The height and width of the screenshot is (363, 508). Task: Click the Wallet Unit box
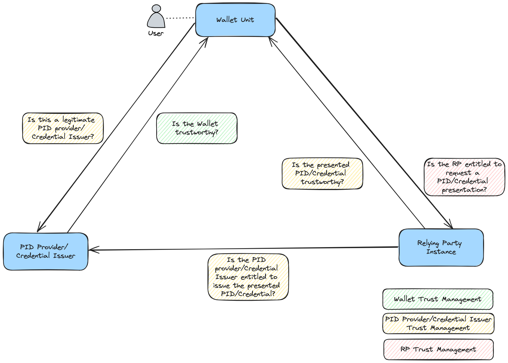(x=236, y=20)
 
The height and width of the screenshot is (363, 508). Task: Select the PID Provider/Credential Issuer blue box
(x=45, y=252)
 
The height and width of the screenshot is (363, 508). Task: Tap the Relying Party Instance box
(x=441, y=247)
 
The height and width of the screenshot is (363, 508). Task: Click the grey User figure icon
(x=156, y=16)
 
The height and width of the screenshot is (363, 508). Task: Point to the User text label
(x=156, y=33)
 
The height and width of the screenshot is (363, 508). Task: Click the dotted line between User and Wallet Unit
(x=180, y=18)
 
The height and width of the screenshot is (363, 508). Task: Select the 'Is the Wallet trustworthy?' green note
(x=197, y=128)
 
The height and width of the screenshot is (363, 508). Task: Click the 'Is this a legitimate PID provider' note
(x=63, y=128)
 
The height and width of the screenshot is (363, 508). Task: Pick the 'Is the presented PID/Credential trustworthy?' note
(x=322, y=174)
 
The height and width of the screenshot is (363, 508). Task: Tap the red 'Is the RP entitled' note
(x=465, y=177)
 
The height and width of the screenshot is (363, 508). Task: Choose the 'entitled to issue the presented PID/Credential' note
(x=248, y=277)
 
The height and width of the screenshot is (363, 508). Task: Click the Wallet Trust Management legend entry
(x=438, y=299)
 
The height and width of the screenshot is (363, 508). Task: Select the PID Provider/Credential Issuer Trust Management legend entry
(x=438, y=324)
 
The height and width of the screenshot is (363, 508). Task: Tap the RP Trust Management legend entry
(x=438, y=349)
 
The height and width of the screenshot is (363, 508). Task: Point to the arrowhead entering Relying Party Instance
(x=450, y=225)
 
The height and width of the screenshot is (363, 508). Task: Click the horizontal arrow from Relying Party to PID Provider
(x=243, y=248)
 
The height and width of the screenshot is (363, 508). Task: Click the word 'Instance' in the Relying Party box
(x=441, y=252)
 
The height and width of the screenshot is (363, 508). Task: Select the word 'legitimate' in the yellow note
(x=79, y=120)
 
